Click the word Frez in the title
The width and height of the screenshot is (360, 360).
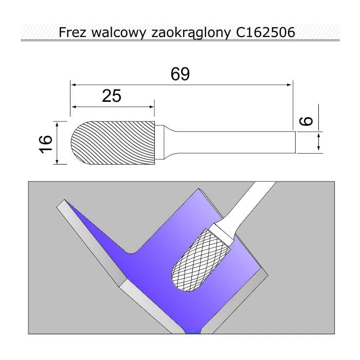[73, 32]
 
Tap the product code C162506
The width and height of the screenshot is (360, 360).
[265, 32]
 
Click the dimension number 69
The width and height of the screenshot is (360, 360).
[180, 74]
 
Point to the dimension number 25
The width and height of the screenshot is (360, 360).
[112, 96]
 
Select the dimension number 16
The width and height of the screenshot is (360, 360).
[46, 144]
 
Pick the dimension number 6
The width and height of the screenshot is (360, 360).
[307, 121]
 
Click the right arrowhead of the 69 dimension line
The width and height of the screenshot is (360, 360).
[289, 85]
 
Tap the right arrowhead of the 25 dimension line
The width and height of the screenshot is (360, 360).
[152, 107]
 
